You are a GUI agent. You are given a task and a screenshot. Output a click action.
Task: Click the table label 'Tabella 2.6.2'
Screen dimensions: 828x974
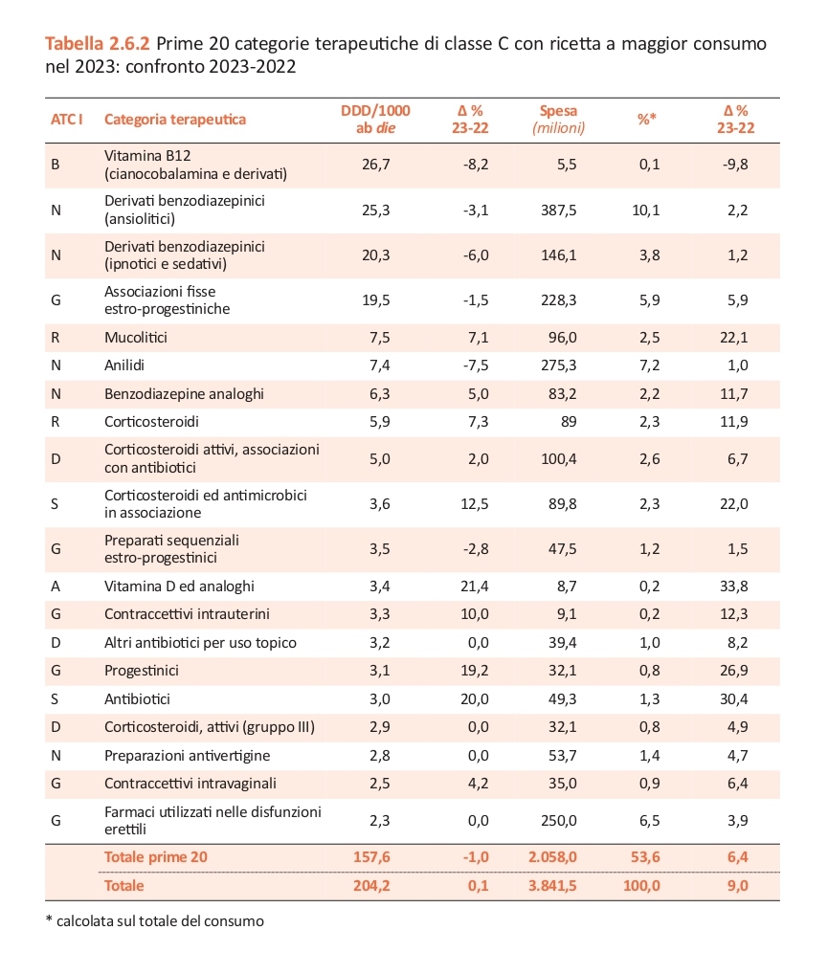[98, 43]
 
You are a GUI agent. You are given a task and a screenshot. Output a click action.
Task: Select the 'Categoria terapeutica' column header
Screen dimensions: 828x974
[175, 120]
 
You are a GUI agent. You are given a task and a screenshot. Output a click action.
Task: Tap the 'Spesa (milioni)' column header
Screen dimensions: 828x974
[558, 120]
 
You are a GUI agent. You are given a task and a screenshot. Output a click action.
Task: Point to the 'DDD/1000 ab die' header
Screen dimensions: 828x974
[375, 120]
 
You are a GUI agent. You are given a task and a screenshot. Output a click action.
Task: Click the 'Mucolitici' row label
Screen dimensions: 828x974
[136, 338]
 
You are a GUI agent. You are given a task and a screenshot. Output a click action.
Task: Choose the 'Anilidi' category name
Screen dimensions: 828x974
[124, 365]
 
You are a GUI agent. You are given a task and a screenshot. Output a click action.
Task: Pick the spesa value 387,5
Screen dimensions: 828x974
[558, 210]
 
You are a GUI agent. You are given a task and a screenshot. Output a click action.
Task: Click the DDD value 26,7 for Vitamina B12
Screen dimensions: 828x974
[376, 165]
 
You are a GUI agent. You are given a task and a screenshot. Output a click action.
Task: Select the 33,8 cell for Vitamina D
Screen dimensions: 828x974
[733, 586]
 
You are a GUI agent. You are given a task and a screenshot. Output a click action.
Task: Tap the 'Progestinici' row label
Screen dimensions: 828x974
[142, 671]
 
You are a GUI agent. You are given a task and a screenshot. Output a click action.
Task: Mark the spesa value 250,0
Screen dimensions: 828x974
[558, 821]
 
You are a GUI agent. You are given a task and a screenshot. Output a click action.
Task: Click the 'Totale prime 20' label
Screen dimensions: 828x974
[155, 857]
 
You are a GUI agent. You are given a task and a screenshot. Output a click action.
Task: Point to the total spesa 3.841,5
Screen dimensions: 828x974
[552, 886]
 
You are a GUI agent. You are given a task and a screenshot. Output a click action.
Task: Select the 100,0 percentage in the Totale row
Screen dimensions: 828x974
[641, 886]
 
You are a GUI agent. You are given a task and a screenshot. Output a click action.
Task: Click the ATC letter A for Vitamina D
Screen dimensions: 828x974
[56, 587]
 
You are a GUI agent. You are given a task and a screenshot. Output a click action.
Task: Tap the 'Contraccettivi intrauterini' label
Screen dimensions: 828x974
[187, 614]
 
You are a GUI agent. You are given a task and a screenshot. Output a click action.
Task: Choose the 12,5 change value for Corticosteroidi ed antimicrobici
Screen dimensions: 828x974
[474, 504]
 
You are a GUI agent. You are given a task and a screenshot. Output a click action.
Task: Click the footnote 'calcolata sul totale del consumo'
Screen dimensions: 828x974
[160, 921]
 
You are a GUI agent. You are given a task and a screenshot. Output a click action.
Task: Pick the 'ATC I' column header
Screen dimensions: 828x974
[66, 120]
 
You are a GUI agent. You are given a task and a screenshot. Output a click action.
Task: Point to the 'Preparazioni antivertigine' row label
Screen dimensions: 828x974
[187, 756]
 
